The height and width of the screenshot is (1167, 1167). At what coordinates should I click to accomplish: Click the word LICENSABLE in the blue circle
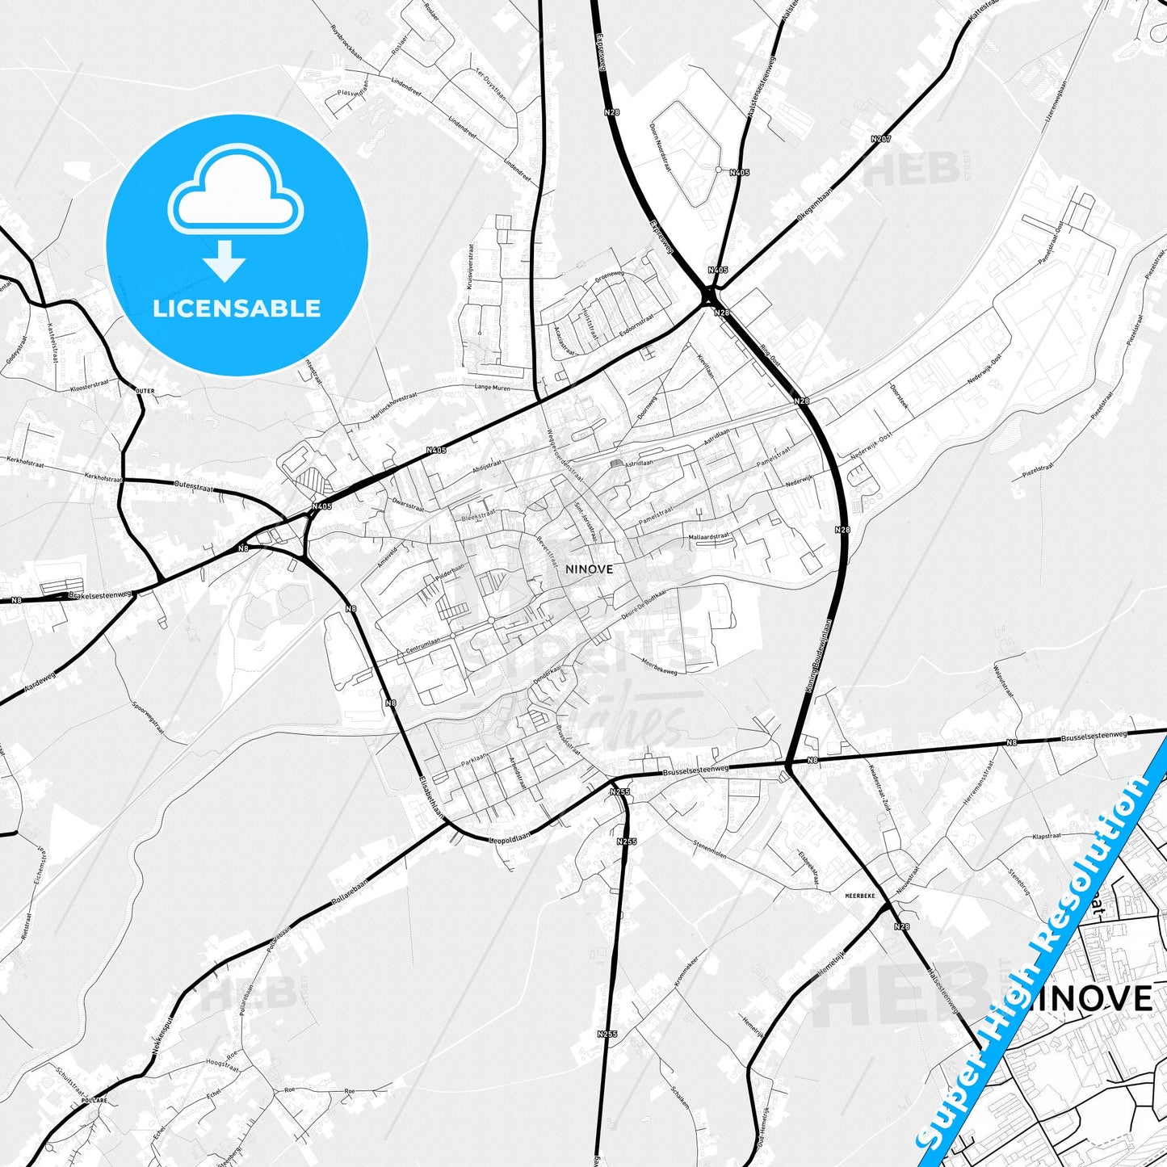(237, 308)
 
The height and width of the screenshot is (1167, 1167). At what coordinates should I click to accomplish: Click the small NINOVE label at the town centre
(589, 569)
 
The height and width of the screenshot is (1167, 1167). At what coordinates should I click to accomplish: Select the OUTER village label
(145, 391)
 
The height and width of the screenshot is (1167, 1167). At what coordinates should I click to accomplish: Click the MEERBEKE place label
(859, 896)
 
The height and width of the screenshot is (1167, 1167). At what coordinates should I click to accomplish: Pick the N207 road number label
(881, 140)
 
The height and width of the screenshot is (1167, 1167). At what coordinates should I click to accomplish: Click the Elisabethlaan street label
(431, 797)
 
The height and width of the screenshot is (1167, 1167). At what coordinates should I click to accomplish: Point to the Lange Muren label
(494, 387)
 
